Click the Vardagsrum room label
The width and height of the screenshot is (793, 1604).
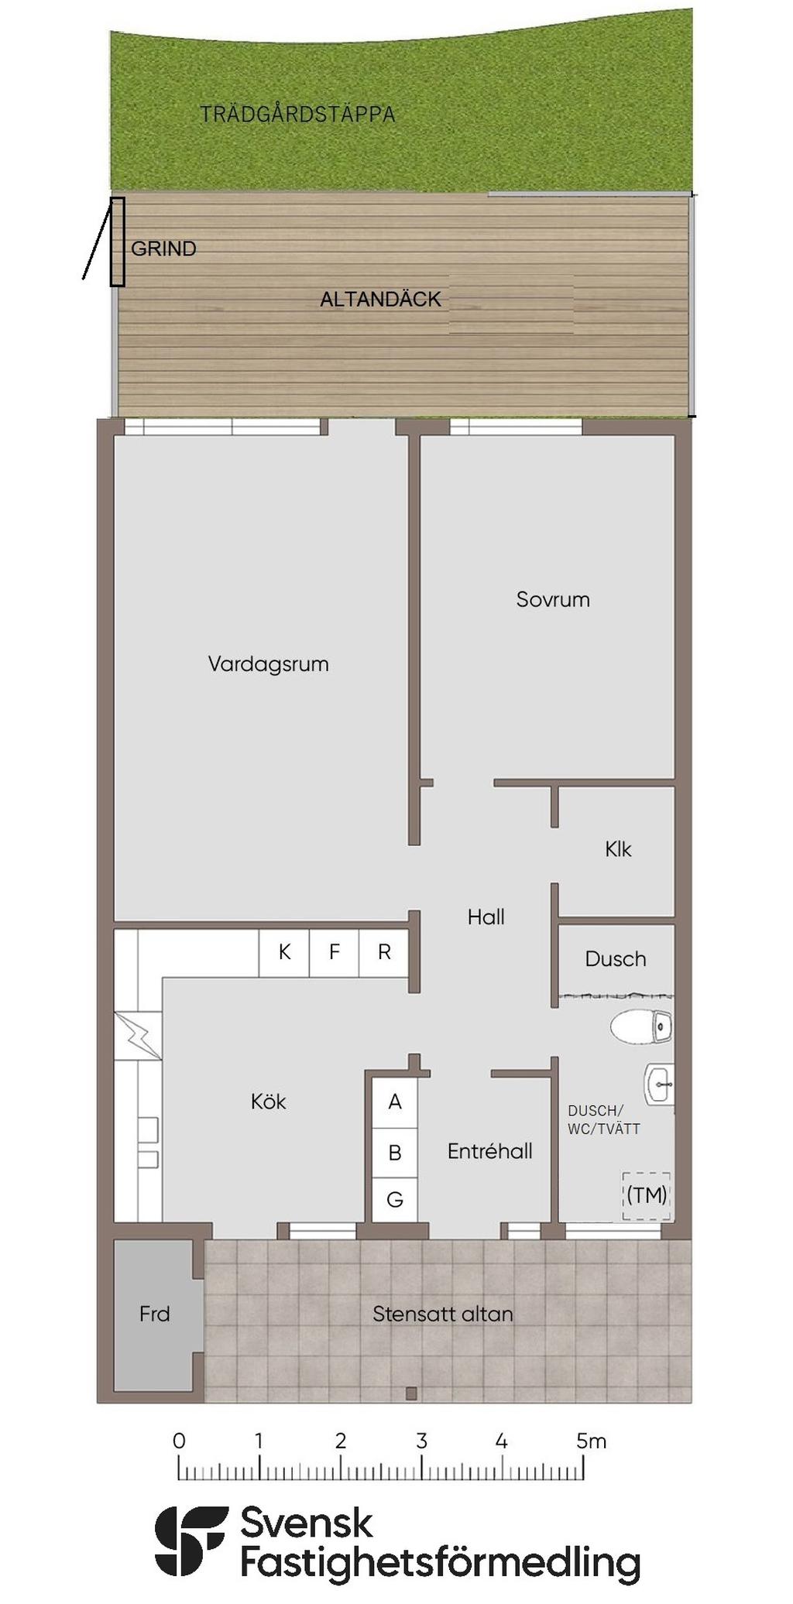(268, 664)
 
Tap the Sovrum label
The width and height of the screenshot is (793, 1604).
(553, 599)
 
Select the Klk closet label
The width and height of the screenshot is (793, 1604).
(618, 849)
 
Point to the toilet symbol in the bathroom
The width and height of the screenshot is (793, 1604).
(641, 1026)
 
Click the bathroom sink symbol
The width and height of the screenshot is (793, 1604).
(659, 1084)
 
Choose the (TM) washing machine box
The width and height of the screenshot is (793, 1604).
(647, 1195)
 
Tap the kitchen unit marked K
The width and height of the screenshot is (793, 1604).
(284, 952)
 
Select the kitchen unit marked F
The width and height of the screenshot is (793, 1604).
(335, 952)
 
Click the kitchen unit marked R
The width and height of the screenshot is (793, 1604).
(384, 952)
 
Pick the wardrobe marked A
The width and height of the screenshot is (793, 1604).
(395, 1102)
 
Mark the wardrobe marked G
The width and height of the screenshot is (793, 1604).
(395, 1200)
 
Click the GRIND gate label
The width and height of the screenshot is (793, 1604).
(163, 248)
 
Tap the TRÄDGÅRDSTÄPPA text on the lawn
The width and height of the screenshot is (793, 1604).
(297, 115)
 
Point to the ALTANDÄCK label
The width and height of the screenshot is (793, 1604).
(380, 300)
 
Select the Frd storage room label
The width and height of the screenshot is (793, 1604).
(154, 1314)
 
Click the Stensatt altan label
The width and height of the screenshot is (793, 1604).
(442, 1314)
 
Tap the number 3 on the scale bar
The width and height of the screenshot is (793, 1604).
(421, 1441)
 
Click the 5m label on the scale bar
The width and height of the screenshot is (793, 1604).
(591, 1441)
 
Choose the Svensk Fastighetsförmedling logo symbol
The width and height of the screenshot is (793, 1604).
(191, 1541)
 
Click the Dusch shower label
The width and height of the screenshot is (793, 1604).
(616, 959)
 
